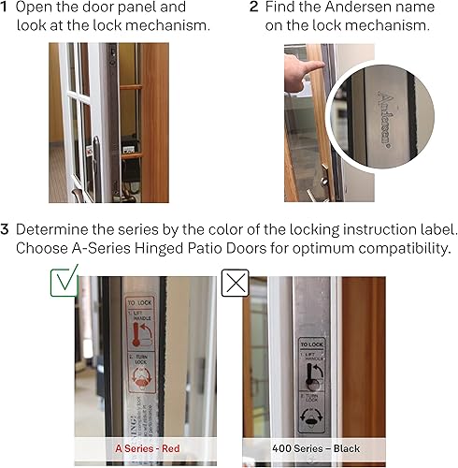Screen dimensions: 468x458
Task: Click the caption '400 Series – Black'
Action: [x=314, y=448]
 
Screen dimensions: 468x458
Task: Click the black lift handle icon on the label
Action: [x=314, y=374]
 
